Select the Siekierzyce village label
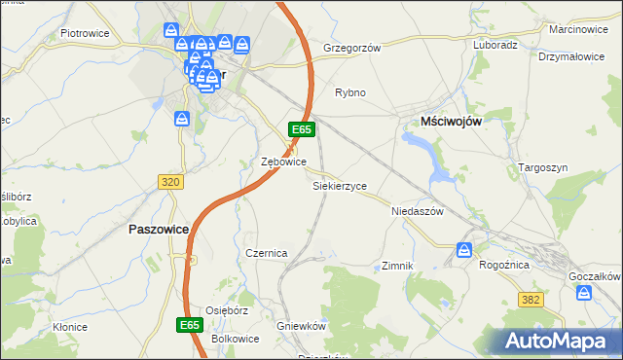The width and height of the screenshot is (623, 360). coord(339,185)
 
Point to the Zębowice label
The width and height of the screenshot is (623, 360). coord(284,162)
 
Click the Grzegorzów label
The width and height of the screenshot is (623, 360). coord(350,47)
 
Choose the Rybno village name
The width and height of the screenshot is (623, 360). coord(349,92)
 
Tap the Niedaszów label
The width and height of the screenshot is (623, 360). coord(417,210)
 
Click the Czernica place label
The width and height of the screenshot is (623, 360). coord(266,253)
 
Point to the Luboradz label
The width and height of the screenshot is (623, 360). coord(495,45)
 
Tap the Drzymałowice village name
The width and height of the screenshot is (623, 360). coord(571,56)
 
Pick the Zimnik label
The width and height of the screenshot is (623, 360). coord(398,266)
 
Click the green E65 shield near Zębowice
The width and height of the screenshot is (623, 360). coord(301,129)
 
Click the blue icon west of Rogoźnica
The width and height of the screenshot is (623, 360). coord(464,250)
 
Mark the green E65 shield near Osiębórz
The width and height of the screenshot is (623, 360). coord(191,323)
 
